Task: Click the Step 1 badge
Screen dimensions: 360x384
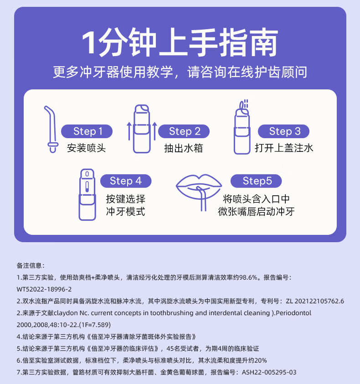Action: (x=87, y=131)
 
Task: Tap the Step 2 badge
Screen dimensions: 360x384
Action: (x=184, y=131)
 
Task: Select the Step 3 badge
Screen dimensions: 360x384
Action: (x=283, y=131)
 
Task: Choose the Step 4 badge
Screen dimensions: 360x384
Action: (x=126, y=181)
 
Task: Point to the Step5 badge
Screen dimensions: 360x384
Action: (x=256, y=181)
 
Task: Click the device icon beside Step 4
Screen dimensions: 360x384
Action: (x=87, y=194)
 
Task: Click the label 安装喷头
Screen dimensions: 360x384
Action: (x=87, y=148)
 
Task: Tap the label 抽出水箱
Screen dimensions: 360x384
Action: (x=184, y=148)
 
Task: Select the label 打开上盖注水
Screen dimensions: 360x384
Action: (x=284, y=148)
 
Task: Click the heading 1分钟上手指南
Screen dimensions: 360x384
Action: (x=180, y=42)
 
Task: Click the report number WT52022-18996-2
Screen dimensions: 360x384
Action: (x=44, y=289)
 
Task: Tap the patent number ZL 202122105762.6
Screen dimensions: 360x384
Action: (x=315, y=301)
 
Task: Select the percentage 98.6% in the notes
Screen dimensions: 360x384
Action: (x=248, y=277)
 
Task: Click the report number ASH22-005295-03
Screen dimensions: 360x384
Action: (x=269, y=372)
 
